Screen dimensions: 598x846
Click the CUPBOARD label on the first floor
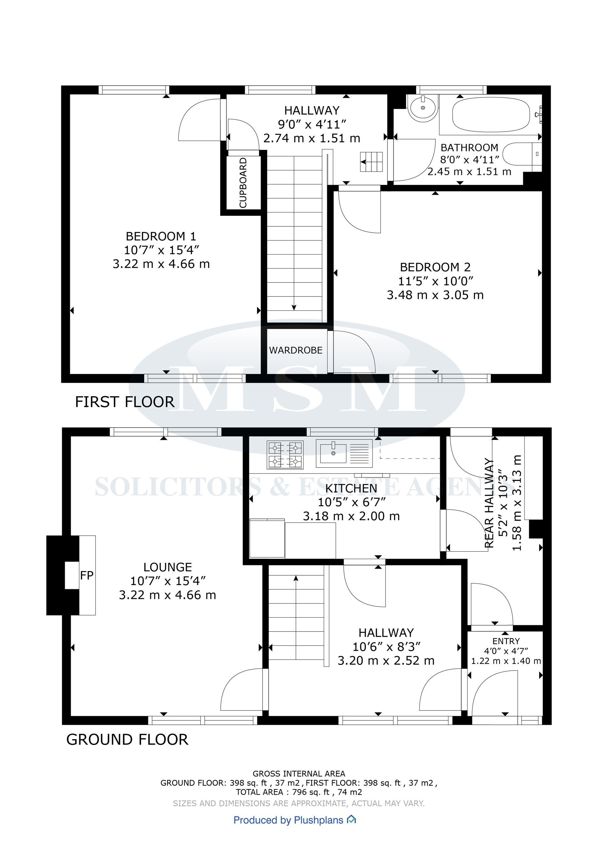coord(243,182)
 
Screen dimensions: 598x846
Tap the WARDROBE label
coord(296,350)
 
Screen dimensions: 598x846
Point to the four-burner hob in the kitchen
coord(285,455)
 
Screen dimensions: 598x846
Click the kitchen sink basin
coord(333,453)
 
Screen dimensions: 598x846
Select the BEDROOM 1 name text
coord(161,236)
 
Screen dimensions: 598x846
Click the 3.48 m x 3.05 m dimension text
coord(435,295)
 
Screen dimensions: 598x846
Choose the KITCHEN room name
coord(351,488)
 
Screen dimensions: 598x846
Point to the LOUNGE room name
coord(168,567)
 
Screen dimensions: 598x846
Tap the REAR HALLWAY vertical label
coord(489,503)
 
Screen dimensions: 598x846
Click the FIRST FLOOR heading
coord(125,402)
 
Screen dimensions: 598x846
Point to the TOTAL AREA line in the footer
coord(299,792)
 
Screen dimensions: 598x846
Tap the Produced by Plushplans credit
coord(294,820)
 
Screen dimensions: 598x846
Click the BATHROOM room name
coord(469,148)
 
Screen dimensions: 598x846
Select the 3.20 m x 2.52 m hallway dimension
coord(386,661)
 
